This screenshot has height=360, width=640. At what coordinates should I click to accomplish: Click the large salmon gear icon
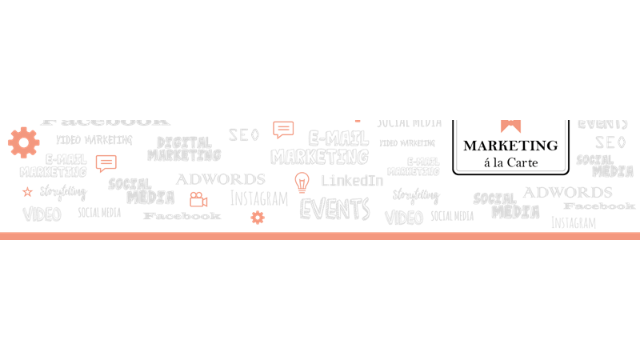click(23, 142)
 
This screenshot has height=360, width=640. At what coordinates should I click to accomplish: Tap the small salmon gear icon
click(257, 217)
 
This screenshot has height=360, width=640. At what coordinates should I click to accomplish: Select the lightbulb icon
click(302, 182)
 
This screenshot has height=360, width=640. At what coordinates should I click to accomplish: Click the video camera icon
click(198, 199)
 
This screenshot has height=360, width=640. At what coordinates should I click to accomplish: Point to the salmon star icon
click(27, 192)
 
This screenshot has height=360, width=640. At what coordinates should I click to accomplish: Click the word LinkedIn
click(351, 181)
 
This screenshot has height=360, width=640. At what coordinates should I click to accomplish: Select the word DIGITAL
click(184, 142)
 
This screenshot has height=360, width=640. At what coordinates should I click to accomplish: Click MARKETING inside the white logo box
click(510, 146)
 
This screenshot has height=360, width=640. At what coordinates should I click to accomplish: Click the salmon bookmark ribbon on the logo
click(510, 125)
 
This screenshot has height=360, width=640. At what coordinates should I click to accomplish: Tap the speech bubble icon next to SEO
click(283, 130)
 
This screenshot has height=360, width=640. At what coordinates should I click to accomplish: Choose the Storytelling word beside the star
click(63, 192)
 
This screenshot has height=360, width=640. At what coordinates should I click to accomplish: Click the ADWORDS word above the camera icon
click(220, 179)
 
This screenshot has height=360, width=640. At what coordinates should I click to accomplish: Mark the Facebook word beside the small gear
click(182, 216)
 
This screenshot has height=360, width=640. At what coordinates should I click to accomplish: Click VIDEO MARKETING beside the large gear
click(94, 140)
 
